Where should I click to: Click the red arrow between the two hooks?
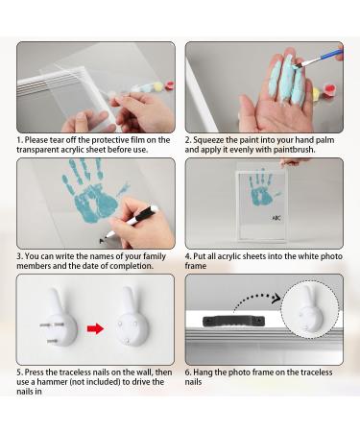(95, 328)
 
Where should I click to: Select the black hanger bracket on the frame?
(233, 321)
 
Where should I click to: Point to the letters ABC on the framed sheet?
(276, 218)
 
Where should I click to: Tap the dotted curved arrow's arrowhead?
(276, 299)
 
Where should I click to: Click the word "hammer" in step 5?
(52, 382)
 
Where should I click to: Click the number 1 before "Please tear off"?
(19, 140)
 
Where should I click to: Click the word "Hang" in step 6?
(203, 372)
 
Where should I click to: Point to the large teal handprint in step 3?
(94, 191)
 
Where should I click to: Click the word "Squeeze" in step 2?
(208, 140)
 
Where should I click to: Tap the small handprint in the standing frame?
(262, 187)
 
